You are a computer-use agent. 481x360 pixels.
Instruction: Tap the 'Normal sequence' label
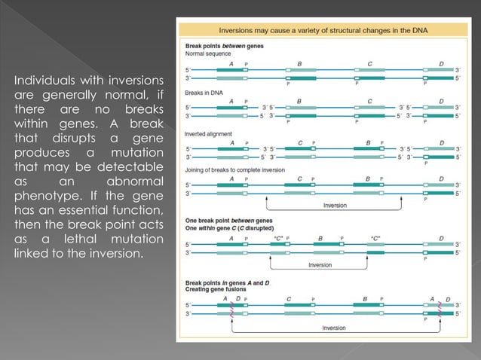206,54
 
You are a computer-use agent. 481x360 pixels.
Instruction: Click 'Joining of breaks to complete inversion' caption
234,170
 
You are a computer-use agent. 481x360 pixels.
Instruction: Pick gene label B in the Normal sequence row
300,63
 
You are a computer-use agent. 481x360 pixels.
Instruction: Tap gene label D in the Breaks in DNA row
440,101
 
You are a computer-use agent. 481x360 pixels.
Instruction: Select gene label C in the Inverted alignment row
300,142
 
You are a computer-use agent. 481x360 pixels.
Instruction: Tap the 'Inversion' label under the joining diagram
335,205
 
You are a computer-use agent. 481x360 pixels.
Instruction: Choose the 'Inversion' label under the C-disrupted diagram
320,265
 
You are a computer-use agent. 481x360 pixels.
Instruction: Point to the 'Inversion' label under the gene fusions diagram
334,328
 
